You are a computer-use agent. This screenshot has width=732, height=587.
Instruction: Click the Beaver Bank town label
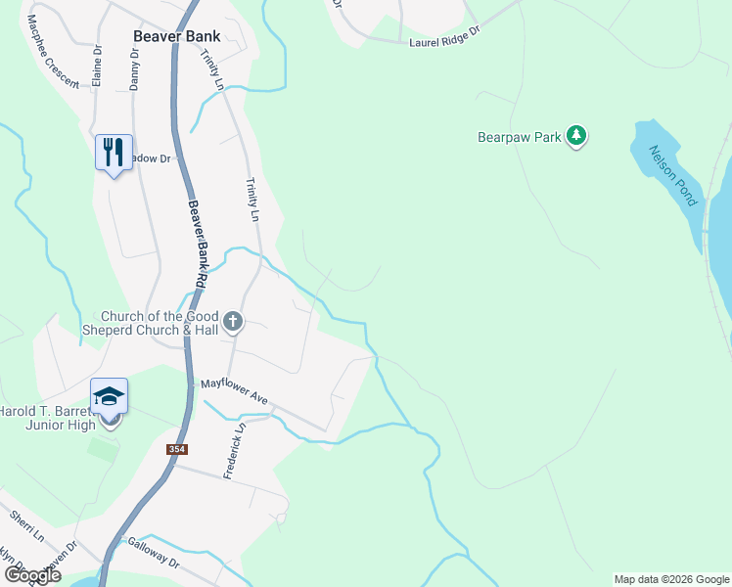(x=177, y=36)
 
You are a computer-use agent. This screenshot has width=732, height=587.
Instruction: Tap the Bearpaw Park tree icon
(x=576, y=137)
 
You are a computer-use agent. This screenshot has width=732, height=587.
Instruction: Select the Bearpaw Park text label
(x=520, y=138)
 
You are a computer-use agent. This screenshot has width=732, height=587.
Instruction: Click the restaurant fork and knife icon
(x=114, y=152)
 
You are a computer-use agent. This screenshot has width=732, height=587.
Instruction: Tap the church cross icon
(x=233, y=321)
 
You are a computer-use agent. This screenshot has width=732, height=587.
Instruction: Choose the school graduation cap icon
(x=110, y=396)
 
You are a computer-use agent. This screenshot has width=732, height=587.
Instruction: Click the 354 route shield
(x=177, y=449)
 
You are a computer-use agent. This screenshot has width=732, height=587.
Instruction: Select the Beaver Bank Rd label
(x=198, y=245)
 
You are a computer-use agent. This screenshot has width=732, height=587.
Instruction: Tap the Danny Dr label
(x=134, y=68)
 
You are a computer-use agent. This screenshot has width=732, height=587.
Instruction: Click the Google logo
(x=32, y=575)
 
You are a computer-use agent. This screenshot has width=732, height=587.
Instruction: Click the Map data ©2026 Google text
(x=671, y=579)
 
